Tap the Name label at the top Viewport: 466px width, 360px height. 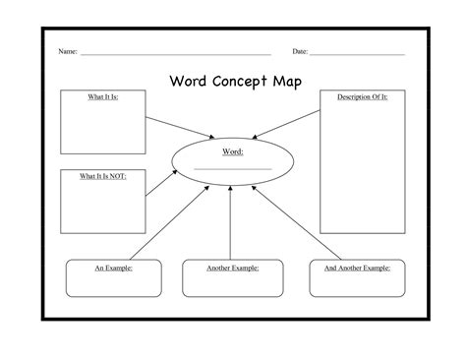click(68, 50)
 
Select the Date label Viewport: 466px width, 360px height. click(300, 50)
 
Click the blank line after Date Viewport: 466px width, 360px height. click(357, 53)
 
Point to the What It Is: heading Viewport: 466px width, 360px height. click(103, 96)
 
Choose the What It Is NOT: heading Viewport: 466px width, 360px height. click(103, 175)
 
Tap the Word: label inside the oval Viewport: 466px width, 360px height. click(232, 152)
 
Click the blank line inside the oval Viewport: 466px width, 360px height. click(232, 168)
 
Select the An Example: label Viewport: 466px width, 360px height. click(113, 267)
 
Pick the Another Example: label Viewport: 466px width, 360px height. click(233, 267)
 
